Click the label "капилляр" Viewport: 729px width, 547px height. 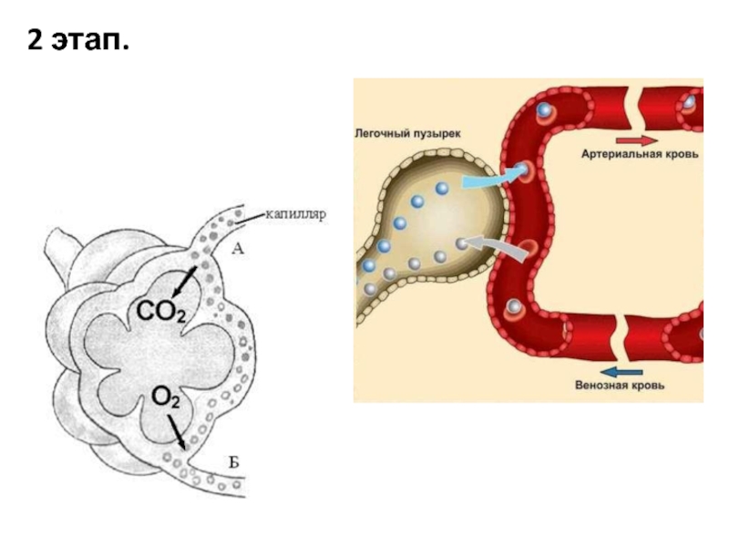295,216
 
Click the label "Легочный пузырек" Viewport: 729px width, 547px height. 407,133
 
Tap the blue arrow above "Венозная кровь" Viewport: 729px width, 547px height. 621,370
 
